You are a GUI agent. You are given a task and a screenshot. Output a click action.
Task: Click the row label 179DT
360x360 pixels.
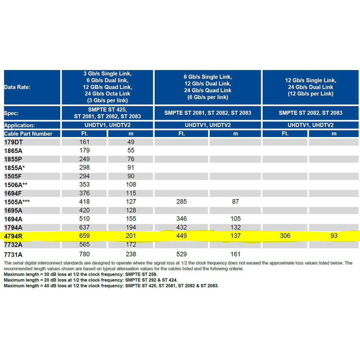[x=13, y=142]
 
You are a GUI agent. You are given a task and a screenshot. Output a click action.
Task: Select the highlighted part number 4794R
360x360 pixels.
[x=13, y=236]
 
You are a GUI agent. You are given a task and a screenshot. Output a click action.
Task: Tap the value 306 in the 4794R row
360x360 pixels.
[x=285, y=236]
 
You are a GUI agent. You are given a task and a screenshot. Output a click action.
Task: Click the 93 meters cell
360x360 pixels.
[x=334, y=236]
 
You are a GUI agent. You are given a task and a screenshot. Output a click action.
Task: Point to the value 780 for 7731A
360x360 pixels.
[x=84, y=254]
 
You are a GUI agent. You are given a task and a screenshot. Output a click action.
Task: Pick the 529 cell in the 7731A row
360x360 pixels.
[x=181, y=254]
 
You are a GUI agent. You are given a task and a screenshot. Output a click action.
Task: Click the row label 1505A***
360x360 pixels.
[x=17, y=202]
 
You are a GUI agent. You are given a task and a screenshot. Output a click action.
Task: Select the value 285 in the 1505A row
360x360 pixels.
[x=181, y=202]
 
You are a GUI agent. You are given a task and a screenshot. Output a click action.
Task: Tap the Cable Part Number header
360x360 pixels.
[x=28, y=134]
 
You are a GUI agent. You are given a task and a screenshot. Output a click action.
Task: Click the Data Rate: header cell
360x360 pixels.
[x=17, y=87]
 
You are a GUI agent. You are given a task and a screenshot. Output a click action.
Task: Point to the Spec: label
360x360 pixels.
[x=11, y=113]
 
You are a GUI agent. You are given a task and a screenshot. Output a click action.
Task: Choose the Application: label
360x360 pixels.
[x=19, y=125]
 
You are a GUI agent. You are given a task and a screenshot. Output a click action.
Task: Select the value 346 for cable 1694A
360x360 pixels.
[x=181, y=219]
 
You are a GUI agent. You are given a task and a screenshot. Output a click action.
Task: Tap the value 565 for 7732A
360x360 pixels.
[x=84, y=245]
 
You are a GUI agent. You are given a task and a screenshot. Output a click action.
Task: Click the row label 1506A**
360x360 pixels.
[x=16, y=185]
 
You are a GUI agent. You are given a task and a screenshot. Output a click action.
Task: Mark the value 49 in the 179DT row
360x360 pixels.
[x=131, y=142]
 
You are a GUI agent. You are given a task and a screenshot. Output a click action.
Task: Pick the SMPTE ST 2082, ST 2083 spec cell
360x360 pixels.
[x=310, y=113]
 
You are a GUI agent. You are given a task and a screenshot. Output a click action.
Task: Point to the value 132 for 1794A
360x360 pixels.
[x=235, y=227]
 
